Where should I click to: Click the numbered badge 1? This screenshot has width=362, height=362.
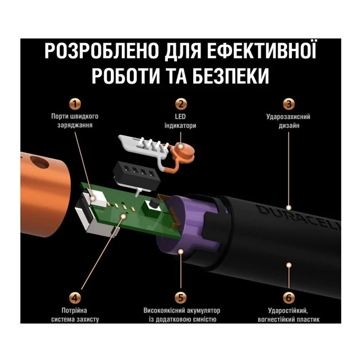[75, 104]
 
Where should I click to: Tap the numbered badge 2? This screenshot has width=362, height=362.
[181, 104]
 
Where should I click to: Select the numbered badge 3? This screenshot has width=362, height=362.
[288, 104]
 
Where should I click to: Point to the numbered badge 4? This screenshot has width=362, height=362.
[75, 298]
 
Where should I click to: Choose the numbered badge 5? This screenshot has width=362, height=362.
[181, 298]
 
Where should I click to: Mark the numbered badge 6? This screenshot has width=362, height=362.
[288, 298]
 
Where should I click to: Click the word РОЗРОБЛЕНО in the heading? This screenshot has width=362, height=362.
[102, 51]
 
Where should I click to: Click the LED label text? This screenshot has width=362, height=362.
[180, 117]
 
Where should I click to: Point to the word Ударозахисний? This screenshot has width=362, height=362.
[288, 117]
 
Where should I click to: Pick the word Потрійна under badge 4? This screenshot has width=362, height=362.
[74, 310]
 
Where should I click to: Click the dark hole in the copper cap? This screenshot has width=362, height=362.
[39, 162]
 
